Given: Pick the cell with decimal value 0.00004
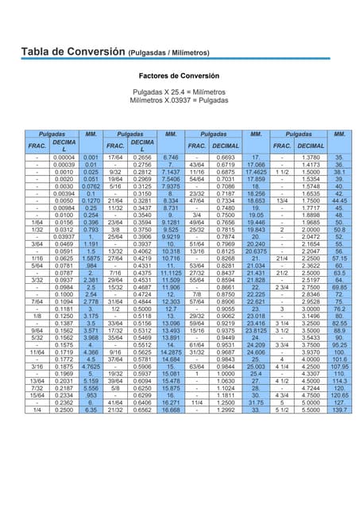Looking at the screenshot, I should tap(64, 157).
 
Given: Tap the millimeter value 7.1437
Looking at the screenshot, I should tap(170, 172).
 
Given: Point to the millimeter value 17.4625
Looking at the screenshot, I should tap(256, 172).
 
